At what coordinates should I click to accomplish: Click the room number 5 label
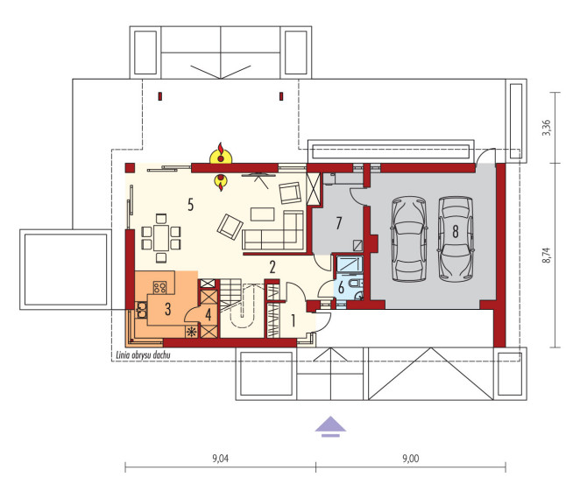click(x=190, y=204)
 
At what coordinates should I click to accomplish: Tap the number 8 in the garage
click(x=456, y=232)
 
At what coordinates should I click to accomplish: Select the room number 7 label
click(x=339, y=223)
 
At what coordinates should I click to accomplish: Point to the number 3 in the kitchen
click(x=168, y=309)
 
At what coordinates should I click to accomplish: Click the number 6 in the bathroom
click(x=341, y=287)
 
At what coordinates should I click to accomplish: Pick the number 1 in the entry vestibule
click(x=294, y=320)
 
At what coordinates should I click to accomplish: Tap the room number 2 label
click(x=272, y=267)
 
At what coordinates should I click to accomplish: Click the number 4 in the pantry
click(x=209, y=315)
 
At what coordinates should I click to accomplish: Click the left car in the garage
click(x=409, y=239)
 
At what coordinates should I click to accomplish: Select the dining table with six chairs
click(x=161, y=238)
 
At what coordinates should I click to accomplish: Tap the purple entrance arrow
click(x=330, y=427)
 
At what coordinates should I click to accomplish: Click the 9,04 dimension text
click(x=221, y=459)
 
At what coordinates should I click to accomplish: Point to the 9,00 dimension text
click(x=411, y=459)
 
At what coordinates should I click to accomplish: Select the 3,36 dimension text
click(x=547, y=128)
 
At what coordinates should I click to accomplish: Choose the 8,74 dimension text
click(x=547, y=256)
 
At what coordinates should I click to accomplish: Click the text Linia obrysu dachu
click(x=143, y=355)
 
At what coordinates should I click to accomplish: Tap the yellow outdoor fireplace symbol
click(x=221, y=154)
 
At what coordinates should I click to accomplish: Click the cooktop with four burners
click(x=159, y=287)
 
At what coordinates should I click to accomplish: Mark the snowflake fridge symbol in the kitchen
click(x=192, y=332)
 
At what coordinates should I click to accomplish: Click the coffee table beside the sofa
click(x=262, y=214)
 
